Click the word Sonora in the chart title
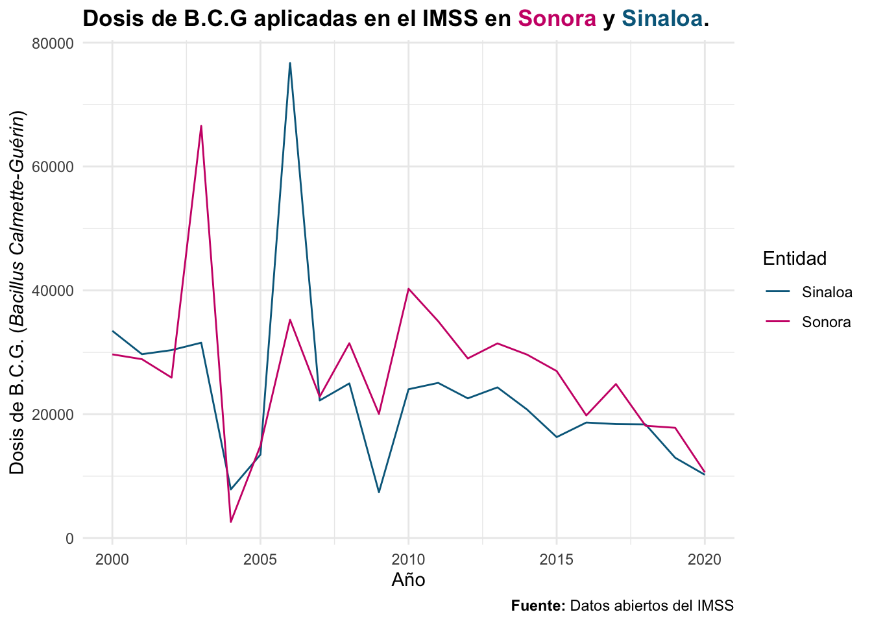[557, 18]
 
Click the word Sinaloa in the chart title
[662, 18]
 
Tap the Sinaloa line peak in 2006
[290, 63]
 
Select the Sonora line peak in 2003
[201, 126]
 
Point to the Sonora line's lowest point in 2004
[231, 522]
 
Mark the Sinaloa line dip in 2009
[379, 493]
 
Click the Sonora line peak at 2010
[408, 289]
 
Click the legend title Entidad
[795, 258]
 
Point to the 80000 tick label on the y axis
[53, 43]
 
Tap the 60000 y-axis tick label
[53, 167]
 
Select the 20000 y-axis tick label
[53, 415]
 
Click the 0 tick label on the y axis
[69, 539]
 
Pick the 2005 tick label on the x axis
[260, 560]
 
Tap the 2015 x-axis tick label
[556, 560]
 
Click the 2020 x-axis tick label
[704, 560]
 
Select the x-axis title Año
[408, 580]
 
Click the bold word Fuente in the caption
[538, 605]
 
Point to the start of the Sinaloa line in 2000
[112, 331]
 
